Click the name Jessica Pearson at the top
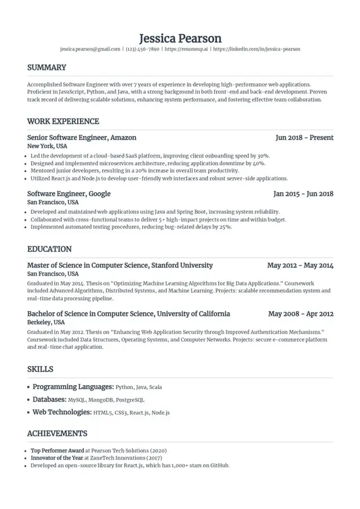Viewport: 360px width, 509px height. pos(180,38)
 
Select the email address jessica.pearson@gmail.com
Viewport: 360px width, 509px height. pos(90,49)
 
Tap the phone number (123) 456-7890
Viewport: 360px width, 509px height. pos(142,49)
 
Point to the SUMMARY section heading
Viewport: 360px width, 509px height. pos(47,67)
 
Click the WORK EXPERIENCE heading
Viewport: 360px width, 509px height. pos(63,121)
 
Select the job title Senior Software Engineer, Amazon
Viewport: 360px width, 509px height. pos(82,138)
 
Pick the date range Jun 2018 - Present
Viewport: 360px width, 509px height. pos(304,138)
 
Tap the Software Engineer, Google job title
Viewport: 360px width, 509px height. pos(69,194)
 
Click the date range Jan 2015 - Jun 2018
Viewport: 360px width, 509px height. pos(303,194)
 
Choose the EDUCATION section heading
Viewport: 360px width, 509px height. pos(49,249)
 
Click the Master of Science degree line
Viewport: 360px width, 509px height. pos(120,265)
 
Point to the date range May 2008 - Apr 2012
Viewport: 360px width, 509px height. pos(301,314)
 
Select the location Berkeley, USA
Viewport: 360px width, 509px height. pos(46,323)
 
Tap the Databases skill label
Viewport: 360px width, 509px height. pos(49,400)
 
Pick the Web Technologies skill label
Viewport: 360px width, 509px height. pos(62,412)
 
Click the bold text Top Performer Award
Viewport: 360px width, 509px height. pos(57,451)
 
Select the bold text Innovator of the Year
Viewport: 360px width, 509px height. pos(57,458)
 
